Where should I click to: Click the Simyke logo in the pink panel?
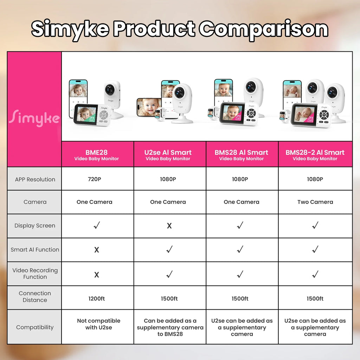point(34,118)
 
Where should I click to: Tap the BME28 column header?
point(96,155)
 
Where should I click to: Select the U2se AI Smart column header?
point(168,155)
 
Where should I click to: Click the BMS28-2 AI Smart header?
point(315,155)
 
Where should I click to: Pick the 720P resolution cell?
point(95,179)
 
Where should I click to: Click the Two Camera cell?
point(315,202)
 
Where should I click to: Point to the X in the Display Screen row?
point(169,226)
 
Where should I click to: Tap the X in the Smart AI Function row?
point(97,250)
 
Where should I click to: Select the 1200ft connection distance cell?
point(96,298)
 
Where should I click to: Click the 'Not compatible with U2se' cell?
point(98,324)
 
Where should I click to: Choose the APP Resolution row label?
point(35,179)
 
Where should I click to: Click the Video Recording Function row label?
point(35,274)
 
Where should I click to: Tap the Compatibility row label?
point(35,327)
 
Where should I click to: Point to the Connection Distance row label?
point(35,296)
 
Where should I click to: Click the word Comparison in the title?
point(263,29)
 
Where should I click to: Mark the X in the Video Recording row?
point(97,275)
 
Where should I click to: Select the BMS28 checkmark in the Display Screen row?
point(240,225)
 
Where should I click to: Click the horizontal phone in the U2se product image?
point(149,107)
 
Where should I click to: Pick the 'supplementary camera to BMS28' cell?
point(170,327)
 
